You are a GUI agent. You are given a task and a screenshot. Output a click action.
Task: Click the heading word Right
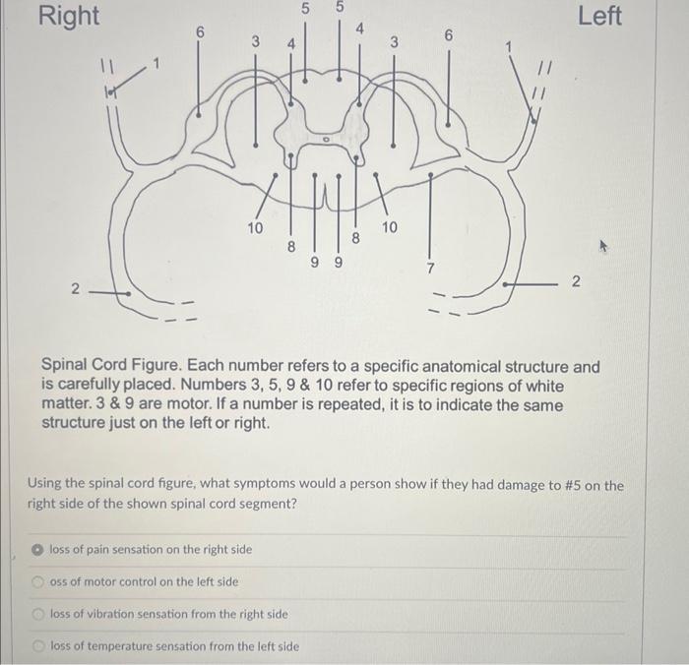tap(68, 16)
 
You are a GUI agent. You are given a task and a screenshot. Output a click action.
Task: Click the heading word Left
tap(599, 16)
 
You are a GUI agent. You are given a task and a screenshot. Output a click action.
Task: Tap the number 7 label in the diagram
tap(430, 268)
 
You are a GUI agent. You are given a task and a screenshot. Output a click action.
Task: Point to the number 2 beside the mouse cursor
tap(577, 282)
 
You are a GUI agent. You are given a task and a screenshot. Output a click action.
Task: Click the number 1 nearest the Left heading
tap(509, 46)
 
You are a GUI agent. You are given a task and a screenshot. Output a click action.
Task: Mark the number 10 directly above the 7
tap(389, 227)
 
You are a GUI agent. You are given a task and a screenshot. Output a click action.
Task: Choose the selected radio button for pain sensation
tap(36, 549)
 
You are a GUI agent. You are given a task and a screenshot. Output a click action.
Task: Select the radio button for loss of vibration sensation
tap(36, 614)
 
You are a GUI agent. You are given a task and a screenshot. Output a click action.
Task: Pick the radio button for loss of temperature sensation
tap(36, 646)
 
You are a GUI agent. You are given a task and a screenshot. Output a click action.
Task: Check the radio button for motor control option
tap(36, 581)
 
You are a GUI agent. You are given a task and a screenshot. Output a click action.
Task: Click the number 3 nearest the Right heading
tap(255, 42)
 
